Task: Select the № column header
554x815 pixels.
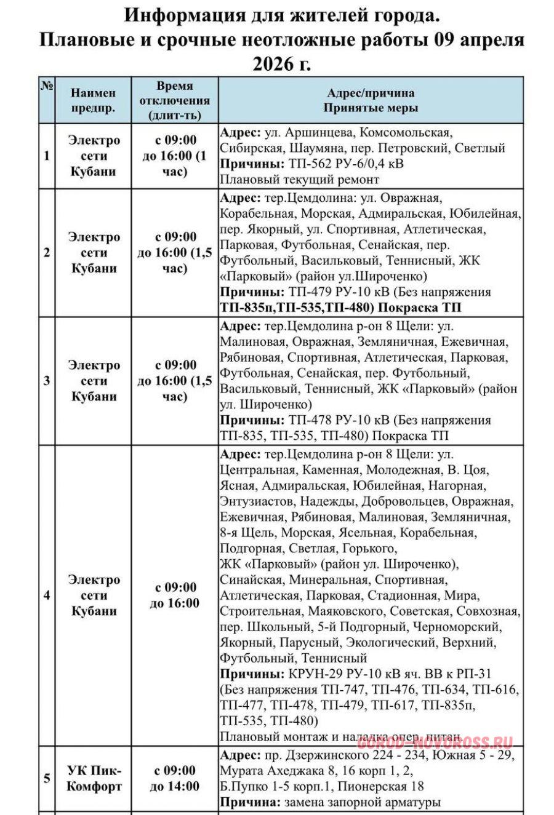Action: pos(47,87)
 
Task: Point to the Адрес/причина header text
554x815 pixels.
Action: pos(371,93)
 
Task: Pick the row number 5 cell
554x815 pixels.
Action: pos(47,779)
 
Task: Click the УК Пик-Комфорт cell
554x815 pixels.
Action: pos(94,779)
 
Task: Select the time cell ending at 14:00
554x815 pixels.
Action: pos(175,779)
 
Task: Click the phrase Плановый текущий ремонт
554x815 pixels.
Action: pos(300,180)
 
